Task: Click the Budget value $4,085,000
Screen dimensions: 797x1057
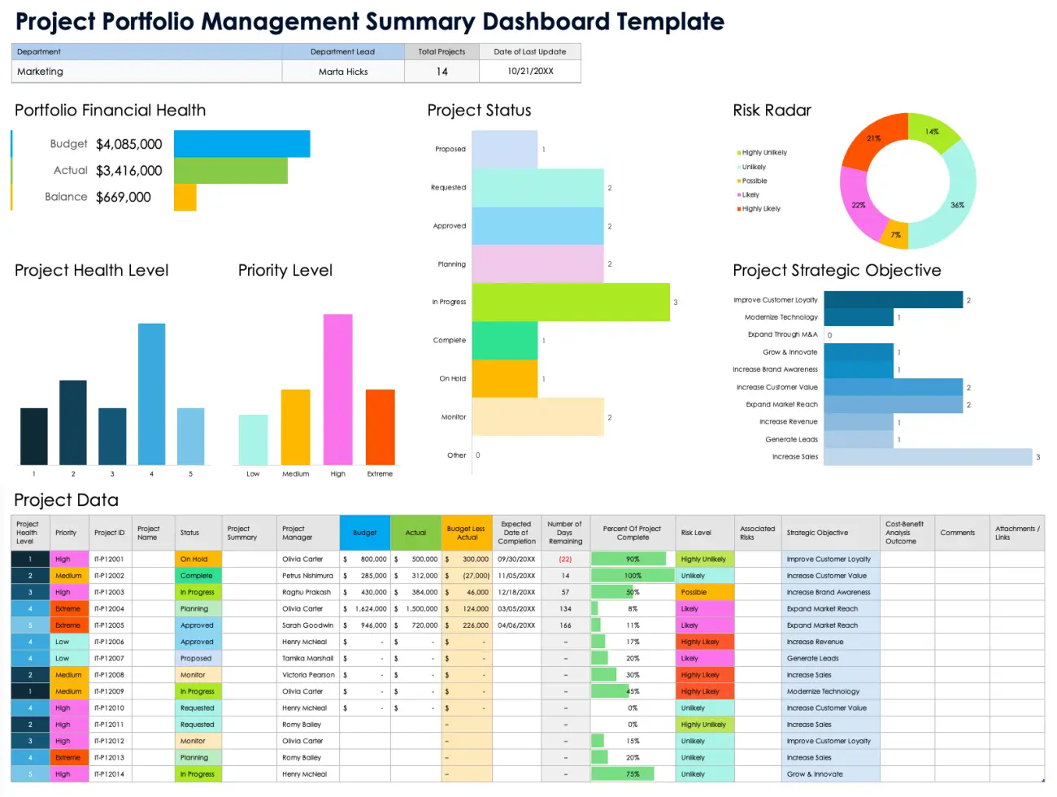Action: pyautogui.click(x=128, y=144)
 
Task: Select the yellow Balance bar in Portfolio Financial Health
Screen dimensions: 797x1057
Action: pyautogui.click(x=185, y=197)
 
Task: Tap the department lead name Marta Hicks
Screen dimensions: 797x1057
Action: pyautogui.click(x=343, y=72)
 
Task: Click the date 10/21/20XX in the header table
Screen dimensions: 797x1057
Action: pyautogui.click(x=530, y=72)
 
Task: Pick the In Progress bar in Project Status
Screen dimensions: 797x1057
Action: pyautogui.click(x=570, y=302)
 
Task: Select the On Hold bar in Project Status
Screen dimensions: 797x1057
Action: pyautogui.click(x=504, y=378)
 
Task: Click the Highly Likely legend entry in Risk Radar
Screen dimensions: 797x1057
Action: pyautogui.click(x=760, y=209)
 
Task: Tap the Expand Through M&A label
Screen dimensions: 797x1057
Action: pyautogui.click(x=782, y=334)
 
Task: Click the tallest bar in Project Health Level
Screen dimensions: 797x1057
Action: pyautogui.click(x=151, y=394)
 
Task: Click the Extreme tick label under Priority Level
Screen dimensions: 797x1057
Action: pyautogui.click(x=380, y=473)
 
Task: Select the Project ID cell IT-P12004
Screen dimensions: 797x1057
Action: pyautogui.click(x=109, y=608)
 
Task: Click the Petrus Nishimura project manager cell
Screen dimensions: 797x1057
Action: pyautogui.click(x=307, y=576)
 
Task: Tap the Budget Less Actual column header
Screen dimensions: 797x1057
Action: pyautogui.click(x=467, y=533)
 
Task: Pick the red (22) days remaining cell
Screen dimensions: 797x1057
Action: pyautogui.click(x=565, y=560)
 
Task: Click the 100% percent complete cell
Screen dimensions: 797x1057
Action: pyautogui.click(x=633, y=576)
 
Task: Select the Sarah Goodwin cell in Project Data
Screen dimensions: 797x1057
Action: pyautogui.click(x=307, y=625)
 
